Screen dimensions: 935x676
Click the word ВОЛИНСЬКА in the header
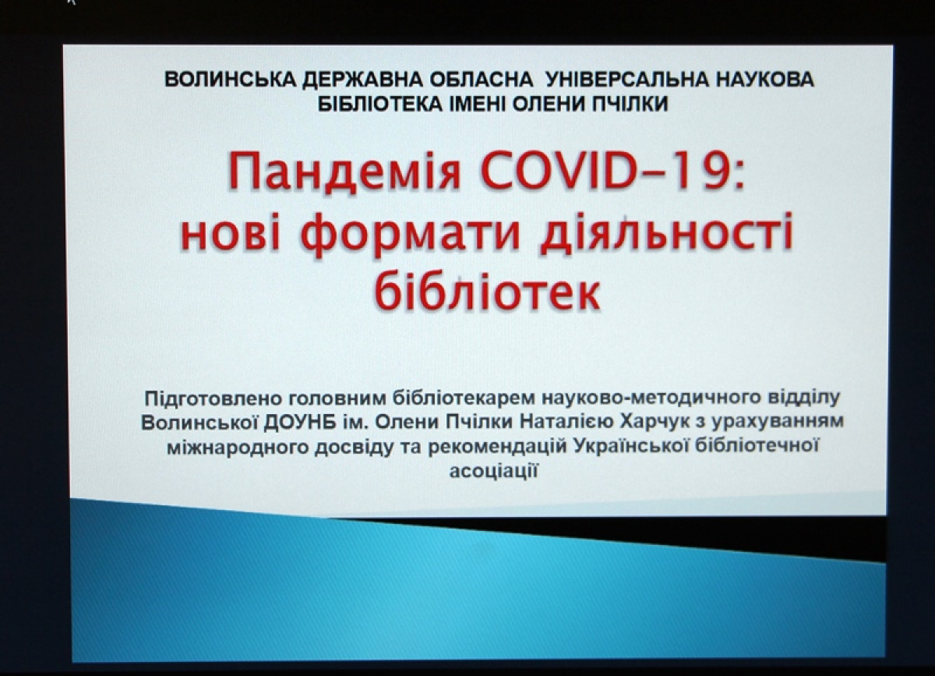(x=231, y=80)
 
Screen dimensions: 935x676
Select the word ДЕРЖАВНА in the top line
(x=362, y=80)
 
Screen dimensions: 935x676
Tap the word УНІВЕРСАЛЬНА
(x=627, y=80)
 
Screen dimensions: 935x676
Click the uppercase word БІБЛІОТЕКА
(x=380, y=104)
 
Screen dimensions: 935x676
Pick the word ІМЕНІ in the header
(x=477, y=104)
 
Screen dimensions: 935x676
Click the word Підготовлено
(x=211, y=398)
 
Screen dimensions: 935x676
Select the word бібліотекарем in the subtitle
(x=464, y=398)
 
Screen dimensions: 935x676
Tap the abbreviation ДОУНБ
(x=300, y=423)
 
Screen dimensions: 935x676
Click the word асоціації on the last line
(x=493, y=470)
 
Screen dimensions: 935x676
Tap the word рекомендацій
(x=498, y=447)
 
